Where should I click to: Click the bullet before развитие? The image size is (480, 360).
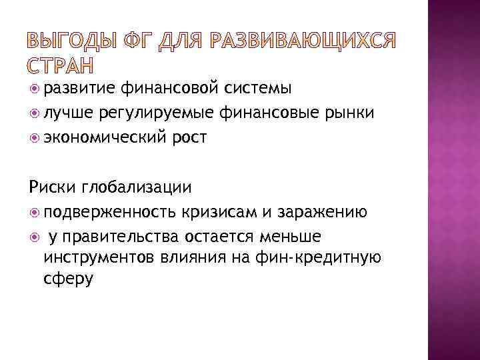click(x=35, y=87)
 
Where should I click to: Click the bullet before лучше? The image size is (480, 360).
click(x=35, y=113)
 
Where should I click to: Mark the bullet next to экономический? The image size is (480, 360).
click(x=35, y=137)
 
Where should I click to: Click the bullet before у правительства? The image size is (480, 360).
click(x=35, y=237)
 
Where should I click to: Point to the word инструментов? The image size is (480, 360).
click(x=101, y=257)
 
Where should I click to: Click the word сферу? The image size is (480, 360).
click(x=68, y=278)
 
